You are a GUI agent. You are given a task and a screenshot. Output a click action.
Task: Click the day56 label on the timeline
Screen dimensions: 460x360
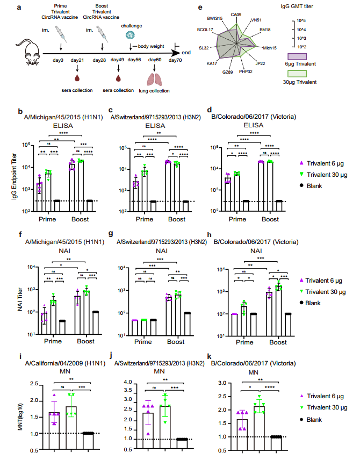click(x=134, y=61)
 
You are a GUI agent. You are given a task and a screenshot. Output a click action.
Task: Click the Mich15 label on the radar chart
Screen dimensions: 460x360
click(x=270, y=48)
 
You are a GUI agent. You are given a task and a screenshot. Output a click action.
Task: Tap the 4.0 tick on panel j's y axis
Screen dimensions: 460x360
click(x=127, y=382)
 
